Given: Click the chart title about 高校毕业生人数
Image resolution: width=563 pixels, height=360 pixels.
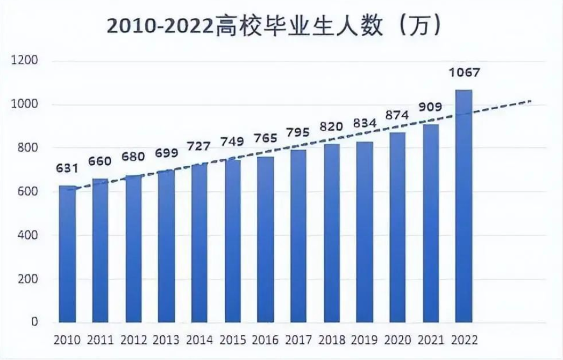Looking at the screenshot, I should tap(275, 25).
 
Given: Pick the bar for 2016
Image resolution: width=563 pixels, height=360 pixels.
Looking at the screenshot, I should tap(265, 239).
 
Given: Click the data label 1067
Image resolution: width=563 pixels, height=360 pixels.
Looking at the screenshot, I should tap(463, 73).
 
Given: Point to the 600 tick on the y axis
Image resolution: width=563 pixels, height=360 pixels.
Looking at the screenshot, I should tap(27, 192).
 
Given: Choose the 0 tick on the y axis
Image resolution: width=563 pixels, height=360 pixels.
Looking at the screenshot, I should tap(33, 322).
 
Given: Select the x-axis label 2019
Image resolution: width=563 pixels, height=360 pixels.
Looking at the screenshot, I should tap(364, 340).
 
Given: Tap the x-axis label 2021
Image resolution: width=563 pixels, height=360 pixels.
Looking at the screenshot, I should tap(430, 340).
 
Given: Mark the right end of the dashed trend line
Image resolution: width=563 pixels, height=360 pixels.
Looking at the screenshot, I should tap(531, 101).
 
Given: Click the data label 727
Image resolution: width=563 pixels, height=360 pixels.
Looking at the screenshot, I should tap(199, 147).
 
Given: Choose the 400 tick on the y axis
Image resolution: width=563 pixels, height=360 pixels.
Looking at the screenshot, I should tap(27, 235).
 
